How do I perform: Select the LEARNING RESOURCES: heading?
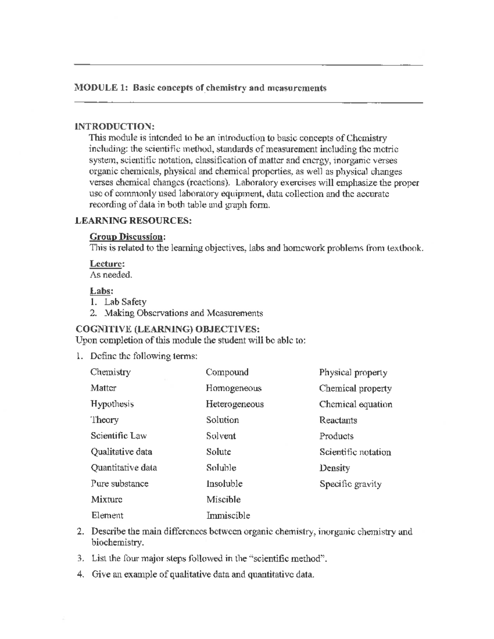133,221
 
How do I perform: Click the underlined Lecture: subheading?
107,264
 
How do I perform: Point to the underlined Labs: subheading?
101,291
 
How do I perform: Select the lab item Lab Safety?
125,302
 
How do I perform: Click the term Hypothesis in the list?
112,404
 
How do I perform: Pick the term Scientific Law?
119,436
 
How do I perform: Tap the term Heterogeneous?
235,404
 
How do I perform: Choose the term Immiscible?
228,516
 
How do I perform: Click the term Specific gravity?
350,484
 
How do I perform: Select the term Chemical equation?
356,404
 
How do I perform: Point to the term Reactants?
338,420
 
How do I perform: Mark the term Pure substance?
119,484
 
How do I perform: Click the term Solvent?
221,436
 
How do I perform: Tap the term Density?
335,468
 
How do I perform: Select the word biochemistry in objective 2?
117,543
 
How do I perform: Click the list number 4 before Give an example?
80,574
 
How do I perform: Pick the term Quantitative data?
123,468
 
